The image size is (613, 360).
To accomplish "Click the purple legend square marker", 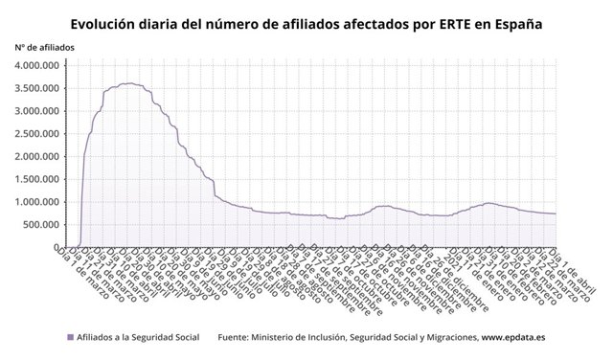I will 70,337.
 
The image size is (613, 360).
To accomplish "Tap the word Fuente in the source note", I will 237,337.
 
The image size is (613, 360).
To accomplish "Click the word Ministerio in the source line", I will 288,337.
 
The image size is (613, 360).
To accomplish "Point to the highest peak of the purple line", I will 130,83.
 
